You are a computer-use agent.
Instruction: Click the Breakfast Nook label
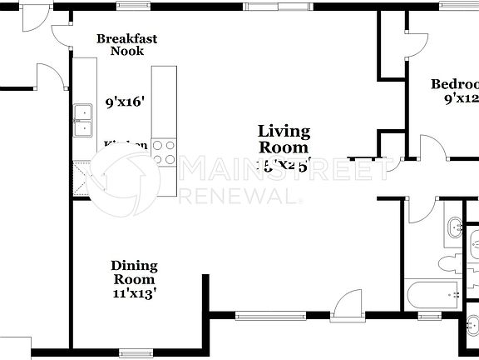[x=126, y=45]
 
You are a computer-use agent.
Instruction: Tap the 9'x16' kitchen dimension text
[x=126, y=102]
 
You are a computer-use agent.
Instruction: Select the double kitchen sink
[x=83, y=121]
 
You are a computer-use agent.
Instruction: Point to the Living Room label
[x=284, y=139]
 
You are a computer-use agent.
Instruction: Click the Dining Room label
[x=134, y=272]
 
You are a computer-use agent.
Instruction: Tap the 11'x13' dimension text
[x=134, y=293]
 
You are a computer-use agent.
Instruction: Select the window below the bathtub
[x=430, y=316]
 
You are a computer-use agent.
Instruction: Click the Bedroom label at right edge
[x=455, y=84]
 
